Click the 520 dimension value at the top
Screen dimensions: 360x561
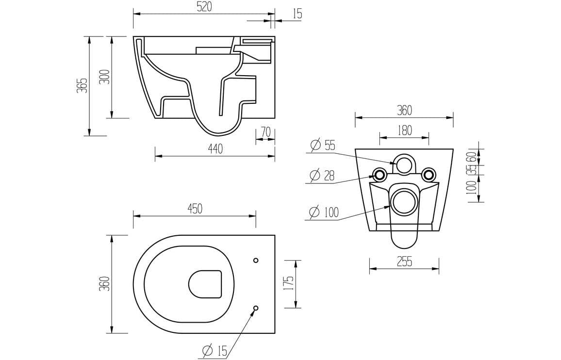(x=204, y=8)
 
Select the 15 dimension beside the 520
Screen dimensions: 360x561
(x=297, y=14)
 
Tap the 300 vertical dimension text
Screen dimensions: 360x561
(x=104, y=77)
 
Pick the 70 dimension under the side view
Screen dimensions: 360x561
(x=265, y=132)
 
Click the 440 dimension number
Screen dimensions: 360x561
(x=215, y=149)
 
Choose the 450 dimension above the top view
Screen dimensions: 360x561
(x=195, y=209)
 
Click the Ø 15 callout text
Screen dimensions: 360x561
(x=214, y=351)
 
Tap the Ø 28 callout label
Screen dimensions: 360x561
(x=322, y=176)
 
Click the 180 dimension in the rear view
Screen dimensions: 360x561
(x=404, y=130)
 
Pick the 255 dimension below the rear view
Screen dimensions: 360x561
(x=404, y=262)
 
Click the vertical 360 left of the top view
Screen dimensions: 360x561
(x=104, y=284)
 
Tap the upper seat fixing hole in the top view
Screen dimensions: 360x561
(x=256, y=261)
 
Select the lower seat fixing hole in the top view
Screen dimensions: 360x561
(x=256, y=308)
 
